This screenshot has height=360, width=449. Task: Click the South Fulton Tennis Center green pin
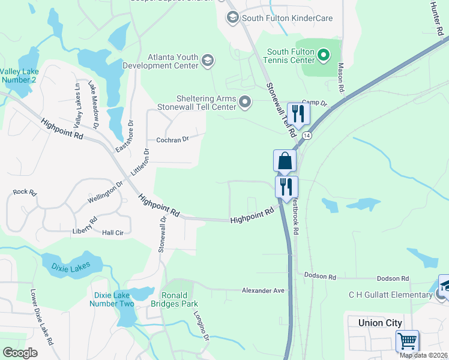pyautogui.click(x=324, y=56)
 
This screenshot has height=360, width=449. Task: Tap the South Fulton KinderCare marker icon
pyautogui.click(x=232, y=18)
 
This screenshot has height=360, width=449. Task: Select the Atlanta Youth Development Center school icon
pyautogui.click(x=207, y=59)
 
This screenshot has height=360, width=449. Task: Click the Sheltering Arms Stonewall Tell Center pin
pyautogui.click(x=244, y=103)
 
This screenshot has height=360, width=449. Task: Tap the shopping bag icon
pyautogui.click(x=285, y=161)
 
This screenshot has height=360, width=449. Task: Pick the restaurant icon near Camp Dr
pyautogui.click(x=298, y=113)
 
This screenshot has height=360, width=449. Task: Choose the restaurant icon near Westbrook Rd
pyautogui.click(x=286, y=186)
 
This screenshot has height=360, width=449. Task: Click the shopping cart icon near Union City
pyautogui.click(x=407, y=341)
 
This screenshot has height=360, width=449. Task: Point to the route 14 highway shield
pyautogui.click(x=307, y=136)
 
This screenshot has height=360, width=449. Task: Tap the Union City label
pyautogui.click(x=379, y=323)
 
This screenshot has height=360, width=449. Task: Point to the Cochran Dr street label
pyautogui.click(x=173, y=139)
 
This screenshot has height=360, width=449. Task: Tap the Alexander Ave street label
pyautogui.click(x=262, y=290)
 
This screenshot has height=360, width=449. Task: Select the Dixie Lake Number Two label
pyautogui.click(x=112, y=299)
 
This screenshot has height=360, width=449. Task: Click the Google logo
pyautogui.click(x=20, y=353)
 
